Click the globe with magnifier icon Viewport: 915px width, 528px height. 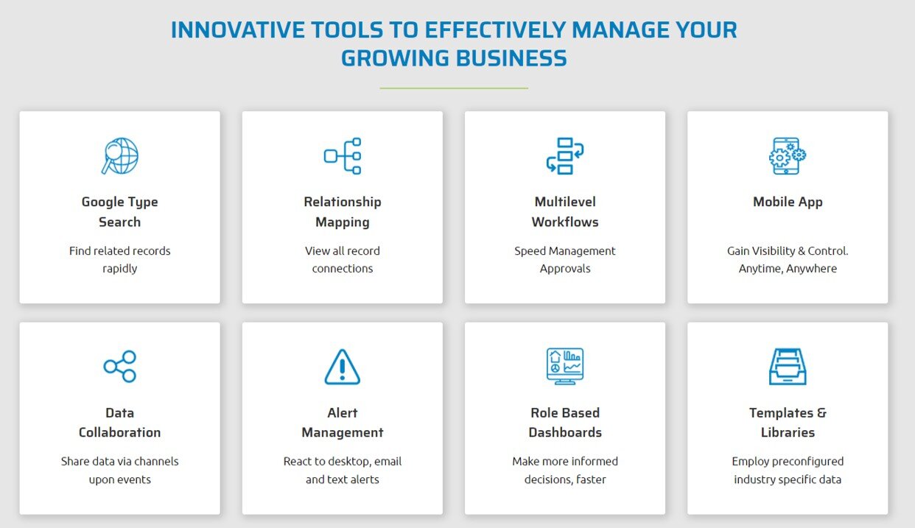click(120, 156)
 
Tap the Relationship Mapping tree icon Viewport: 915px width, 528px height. click(343, 156)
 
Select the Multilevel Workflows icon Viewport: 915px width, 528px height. click(565, 156)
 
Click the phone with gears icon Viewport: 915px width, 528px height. click(788, 156)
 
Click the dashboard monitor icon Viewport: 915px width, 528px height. click(565, 366)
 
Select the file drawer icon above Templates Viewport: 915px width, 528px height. click(788, 366)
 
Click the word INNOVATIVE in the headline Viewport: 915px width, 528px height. click(238, 29)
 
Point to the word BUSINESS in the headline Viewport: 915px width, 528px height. click(511, 57)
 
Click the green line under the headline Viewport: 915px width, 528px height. click(454, 88)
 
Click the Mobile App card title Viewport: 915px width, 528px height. click(788, 202)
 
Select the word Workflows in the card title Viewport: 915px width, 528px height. click(565, 222)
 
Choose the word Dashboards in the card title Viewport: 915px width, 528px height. click(565, 432)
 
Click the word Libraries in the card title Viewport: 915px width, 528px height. click(788, 432)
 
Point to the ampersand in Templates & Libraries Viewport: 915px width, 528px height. click(821, 413)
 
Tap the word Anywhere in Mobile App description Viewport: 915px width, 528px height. click(811, 268)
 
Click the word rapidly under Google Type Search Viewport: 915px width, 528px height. click(119, 269)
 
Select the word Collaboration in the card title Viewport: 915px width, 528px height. click(119, 432)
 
